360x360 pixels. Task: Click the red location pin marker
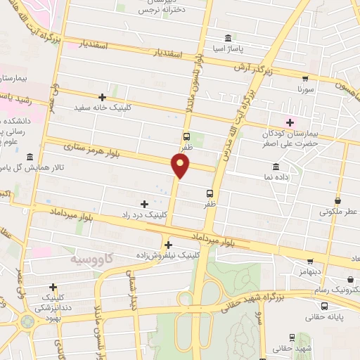tap(181, 166)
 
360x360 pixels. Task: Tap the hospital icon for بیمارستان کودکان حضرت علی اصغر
tap(289, 123)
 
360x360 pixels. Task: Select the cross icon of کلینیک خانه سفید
tap(103, 97)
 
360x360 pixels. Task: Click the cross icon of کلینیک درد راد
tap(145, 203)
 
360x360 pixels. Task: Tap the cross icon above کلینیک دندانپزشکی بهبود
tap(53, 287)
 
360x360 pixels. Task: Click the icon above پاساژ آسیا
tap(228, 39)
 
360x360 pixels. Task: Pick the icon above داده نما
tap(275, 167)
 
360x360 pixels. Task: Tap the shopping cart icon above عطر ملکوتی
tap(338, 200)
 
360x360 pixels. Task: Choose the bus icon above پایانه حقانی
tap(324, 305)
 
